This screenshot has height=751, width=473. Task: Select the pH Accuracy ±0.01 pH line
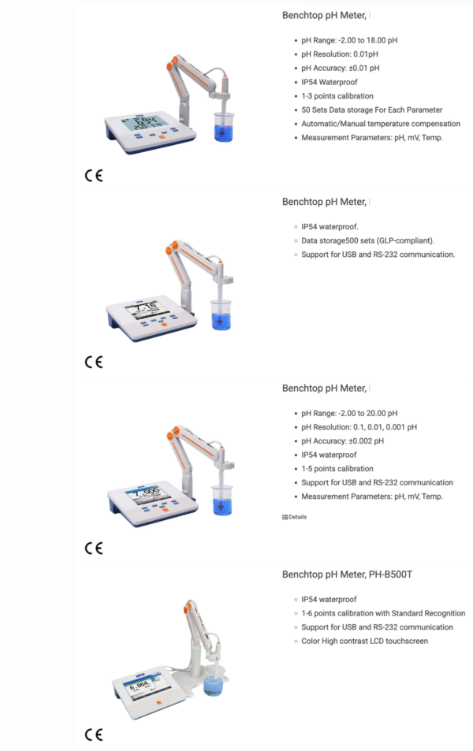340,68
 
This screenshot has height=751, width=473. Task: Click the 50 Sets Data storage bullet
371,110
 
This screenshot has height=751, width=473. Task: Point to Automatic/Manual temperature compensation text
381,124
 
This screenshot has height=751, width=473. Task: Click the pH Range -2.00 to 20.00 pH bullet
349,413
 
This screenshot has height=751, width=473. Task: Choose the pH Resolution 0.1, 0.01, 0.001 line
359,427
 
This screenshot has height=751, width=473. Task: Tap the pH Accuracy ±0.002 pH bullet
342,441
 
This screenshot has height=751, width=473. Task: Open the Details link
295,517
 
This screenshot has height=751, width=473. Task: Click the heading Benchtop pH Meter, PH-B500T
347,574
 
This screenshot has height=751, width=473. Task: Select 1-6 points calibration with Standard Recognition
383,613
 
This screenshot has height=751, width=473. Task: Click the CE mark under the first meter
93,176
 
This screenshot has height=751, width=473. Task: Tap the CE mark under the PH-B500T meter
93,734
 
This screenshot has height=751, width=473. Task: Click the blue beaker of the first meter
224,128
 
